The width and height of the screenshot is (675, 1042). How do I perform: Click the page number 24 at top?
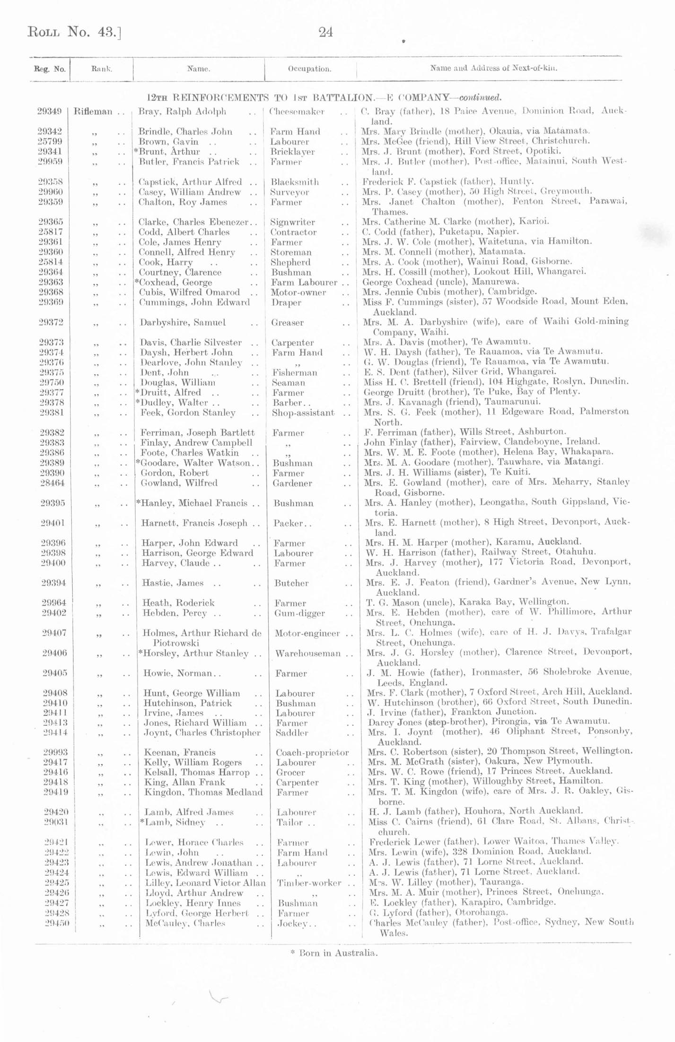pyautogui.click(x=325, y=33)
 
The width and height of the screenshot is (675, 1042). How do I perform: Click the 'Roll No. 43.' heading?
pyautogui.click(x=74, y=32)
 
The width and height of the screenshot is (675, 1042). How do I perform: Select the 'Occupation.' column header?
pyautogui.click(x=309, y=69)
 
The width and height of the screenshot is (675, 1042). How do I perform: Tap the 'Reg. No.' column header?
pyautogui.click(x=50, y=69)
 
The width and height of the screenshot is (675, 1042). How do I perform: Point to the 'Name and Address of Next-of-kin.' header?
pyautogui.click(x=493, y=68)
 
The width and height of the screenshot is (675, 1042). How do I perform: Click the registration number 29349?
pyautogui.click(x=50, y=112)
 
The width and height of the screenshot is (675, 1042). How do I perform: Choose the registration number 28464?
pyautogui.click(x=53, y=483)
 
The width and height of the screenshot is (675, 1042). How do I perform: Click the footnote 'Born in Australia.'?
pyautogui.click(x=334, y=953)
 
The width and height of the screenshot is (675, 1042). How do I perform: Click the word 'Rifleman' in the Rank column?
pyautogui.click(x=93, y=112)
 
